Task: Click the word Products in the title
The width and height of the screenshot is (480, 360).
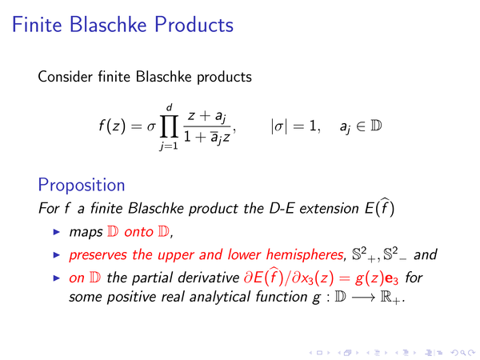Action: click(194, 25)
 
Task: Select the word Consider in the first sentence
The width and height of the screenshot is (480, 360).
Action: click(65, 77)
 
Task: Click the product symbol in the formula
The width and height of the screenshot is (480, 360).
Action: click(169, 126)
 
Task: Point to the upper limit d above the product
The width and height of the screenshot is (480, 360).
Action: click(170, 107)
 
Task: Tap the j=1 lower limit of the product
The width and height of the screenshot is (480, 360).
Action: click(169, 146)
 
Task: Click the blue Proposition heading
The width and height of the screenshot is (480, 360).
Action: click(82, 186)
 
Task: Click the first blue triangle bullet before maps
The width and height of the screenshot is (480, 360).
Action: click(57, 232)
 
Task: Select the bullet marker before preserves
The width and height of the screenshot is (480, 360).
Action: click(57, 254)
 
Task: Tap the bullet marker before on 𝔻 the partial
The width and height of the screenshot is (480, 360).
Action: click(57, 278)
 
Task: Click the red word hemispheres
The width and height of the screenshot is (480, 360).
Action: click(306, 254)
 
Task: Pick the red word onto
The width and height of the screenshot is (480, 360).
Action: click(138, 232)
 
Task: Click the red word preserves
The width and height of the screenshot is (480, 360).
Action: click(98, 255)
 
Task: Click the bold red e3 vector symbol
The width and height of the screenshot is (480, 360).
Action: click(392, 278)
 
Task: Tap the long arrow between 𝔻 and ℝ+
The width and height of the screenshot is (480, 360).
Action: click(363, 298)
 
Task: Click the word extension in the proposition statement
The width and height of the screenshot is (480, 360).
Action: click(329, 209)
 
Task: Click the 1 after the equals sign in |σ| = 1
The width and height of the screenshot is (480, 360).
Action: click(313, 126)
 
